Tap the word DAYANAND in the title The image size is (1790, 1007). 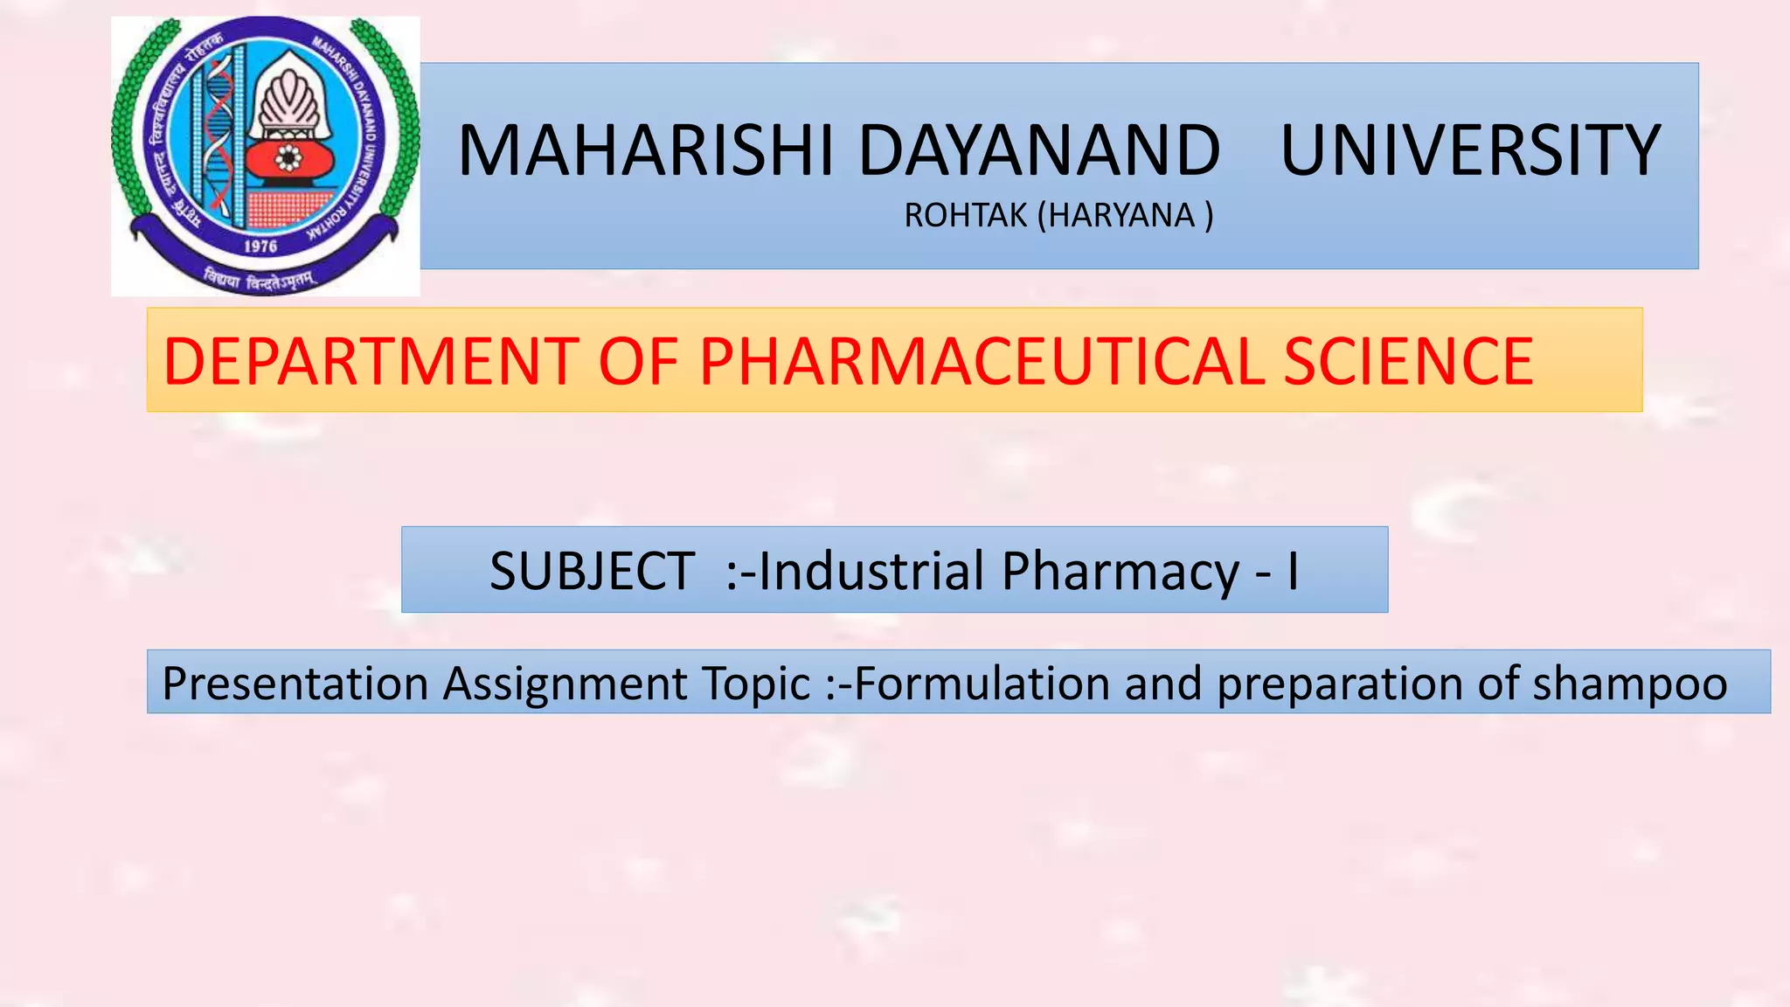click(1039, 150)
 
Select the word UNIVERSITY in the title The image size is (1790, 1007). click(1469, 150)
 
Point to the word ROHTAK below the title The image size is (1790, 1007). click(965, 215)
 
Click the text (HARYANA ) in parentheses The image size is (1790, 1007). click(1126, 215)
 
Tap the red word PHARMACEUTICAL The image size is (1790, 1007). click(982, 361)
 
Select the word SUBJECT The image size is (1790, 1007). click(592, 571)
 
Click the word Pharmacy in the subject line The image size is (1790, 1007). click(1120, 571)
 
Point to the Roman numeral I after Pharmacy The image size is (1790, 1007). click(1292, 571)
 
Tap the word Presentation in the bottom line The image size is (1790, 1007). click(295, 683)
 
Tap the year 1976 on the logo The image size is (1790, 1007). click(260, 247)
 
